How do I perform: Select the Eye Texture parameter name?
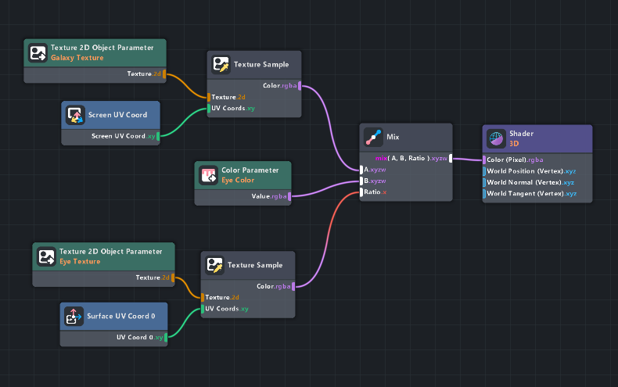pyautogui.click(x=80, y=261)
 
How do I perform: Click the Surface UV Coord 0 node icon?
pyautogui.click(x=74, y=317)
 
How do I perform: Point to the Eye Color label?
pyautogui.click(x=238, y=180)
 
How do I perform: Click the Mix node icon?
pyautogui.click(x=374, y=138)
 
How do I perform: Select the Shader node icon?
pyautogui.click(x=495, y=138)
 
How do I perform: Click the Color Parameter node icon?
pyautogui.click(x=208, y=175)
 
